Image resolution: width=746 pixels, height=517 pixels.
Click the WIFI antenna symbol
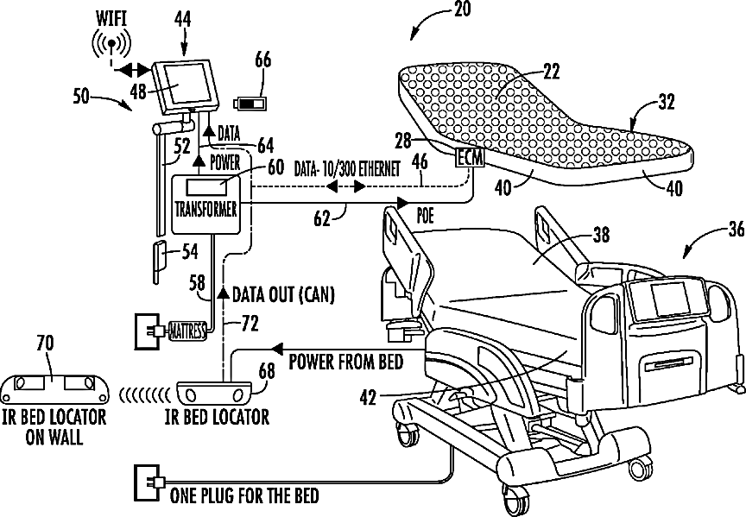[x=111, y=45]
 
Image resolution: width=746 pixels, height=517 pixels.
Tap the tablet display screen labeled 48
[x=188, y=84]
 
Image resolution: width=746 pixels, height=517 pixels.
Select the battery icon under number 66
[x=250, y=104]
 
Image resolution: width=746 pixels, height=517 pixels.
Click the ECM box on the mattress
[x=470, y=158]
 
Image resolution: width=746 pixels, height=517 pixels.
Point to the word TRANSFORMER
[x=205, y=209]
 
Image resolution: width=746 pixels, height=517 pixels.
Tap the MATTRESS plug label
[x=188, y=331]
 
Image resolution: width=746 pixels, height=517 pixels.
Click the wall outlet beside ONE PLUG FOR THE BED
[x=146, y=482]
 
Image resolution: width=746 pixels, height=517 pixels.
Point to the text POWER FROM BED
[x=346, y=362]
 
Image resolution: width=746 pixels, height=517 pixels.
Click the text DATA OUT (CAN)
[x=283, y=295]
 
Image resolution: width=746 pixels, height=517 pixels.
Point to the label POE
[x=425, y=216]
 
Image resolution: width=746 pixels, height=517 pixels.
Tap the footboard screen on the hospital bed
[x=670, y=299]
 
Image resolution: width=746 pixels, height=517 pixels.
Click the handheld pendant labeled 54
[x=160, y=263]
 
